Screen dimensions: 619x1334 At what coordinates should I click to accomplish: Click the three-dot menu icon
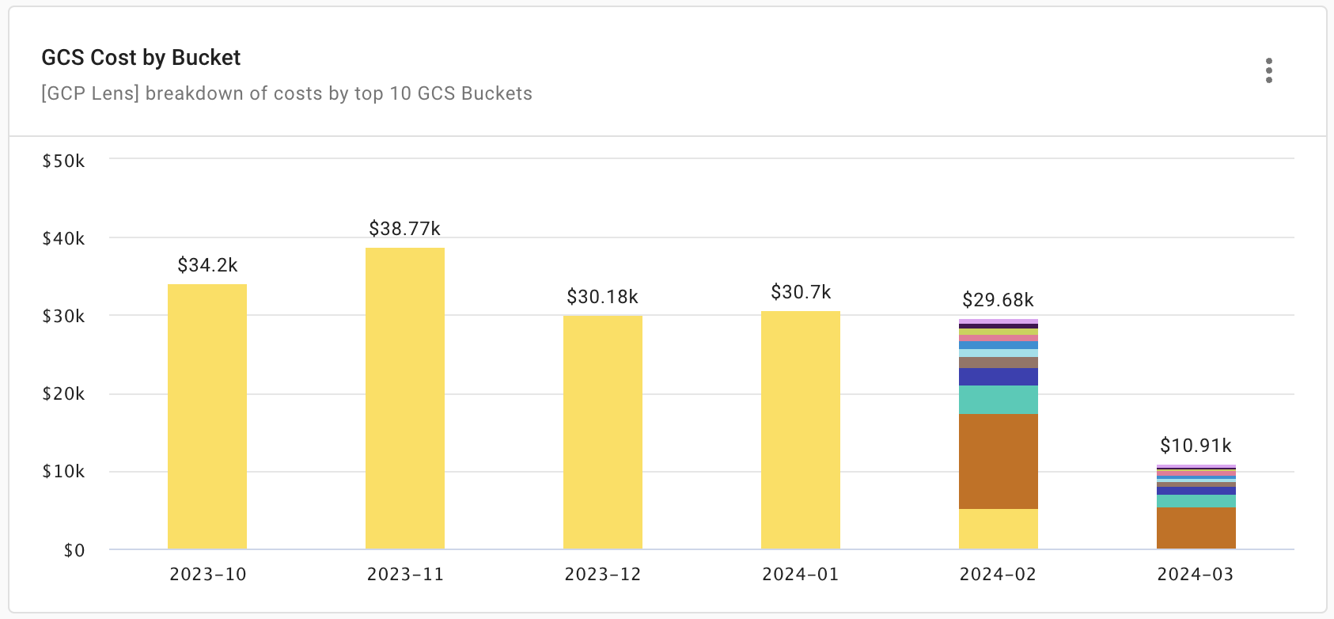pyautogui.click(x=1268, y=70)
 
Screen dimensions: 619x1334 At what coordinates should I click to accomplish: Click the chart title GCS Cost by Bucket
pyautogui.click(x=141, y=58)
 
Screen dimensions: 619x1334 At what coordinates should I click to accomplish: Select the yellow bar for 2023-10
pyautogui.click(x=207, y=416)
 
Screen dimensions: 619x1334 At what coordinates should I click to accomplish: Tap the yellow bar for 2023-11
pyautogui.click(x=405, y=398)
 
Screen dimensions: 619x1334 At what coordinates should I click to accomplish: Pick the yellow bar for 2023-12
pyautogui.click(x=603, y=432)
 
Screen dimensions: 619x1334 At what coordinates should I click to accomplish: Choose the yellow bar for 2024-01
pyautogui.click(x=801, y=430)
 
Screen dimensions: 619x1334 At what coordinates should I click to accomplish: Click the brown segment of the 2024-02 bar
pyautogui.click(x=999, y=461)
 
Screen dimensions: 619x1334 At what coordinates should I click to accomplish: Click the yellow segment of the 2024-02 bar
pyautogui.click(x=999, y=528)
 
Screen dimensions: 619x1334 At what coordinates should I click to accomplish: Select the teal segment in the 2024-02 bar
pyautogui.click(x=999, y=400)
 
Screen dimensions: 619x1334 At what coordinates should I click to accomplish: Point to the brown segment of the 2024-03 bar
pyautogui.click(x=1196, y=528)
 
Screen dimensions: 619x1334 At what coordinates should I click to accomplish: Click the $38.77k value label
pyautogui.click(x=404, y=229)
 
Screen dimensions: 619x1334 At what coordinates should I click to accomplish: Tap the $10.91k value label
pyautogui.click(x=1196, y=446)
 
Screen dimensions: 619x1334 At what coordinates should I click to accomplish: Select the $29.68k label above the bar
pyautogui.click(x=998, y=300)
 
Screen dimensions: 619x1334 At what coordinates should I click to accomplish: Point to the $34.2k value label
pyautogui.click(x=207, y=265)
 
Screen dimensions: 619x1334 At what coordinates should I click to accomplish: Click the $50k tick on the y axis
pyautogui.click(x=63, y=161)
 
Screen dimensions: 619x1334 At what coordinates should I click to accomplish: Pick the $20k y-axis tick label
pyautogui.click(x=63, y=394)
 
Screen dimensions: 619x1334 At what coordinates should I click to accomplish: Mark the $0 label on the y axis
pyautogui.click(x=74, y=550)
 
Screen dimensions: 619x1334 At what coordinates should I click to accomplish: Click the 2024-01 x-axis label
pyautogui.click(x=800, y=575)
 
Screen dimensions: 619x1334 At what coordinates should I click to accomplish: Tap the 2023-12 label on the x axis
pyautogui.click(x=602, y=575)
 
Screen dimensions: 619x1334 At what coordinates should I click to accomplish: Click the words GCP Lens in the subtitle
pyautogui.click(x=90, y=93)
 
